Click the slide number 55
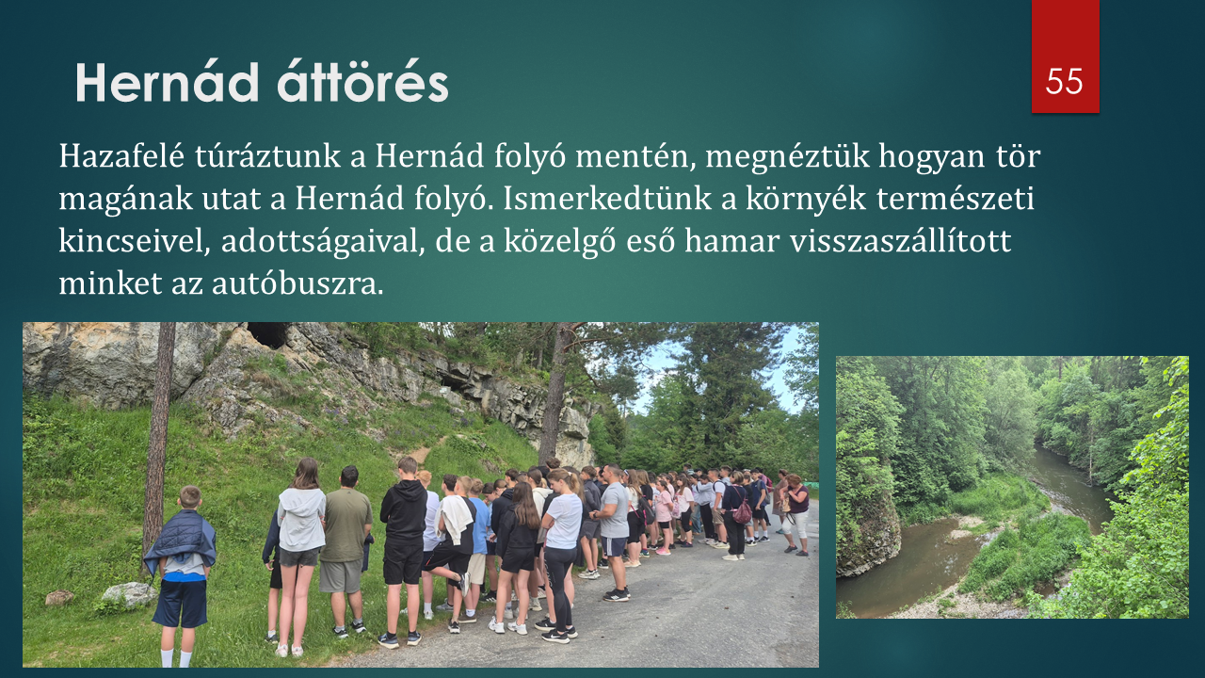[1064, 82]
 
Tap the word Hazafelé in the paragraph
[121, 156]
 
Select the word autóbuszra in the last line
[297, 283]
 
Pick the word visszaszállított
[901, 241]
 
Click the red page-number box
[1065, 56]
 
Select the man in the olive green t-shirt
[345, 549]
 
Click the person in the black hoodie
[403, 549]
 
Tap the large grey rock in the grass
[129, 594]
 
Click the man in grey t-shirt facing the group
[613, 530]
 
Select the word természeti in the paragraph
[956, 199]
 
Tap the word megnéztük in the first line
[788, 157]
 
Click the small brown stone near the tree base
[59, 597]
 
